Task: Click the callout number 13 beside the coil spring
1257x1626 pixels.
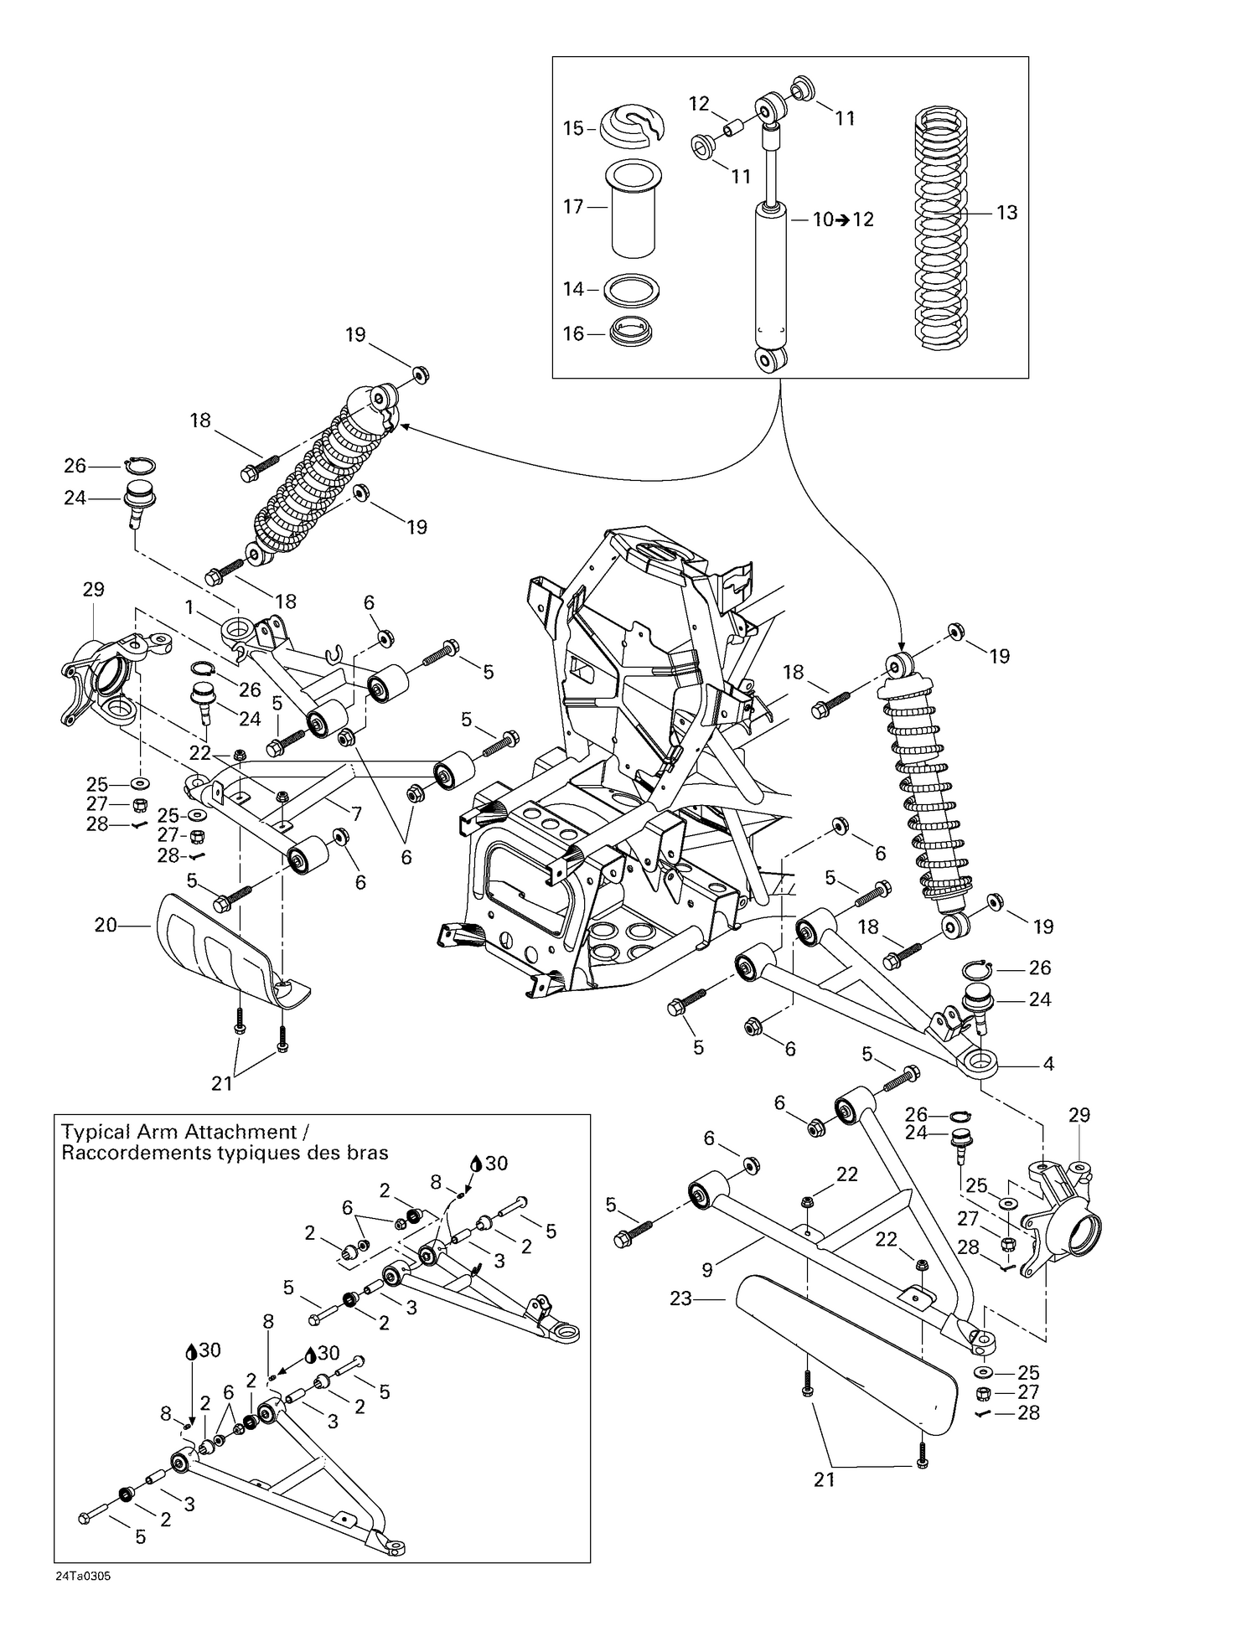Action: tap(1006, 213)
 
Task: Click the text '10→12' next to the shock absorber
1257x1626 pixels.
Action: tap(843, 219)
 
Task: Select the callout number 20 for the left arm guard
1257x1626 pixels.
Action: tap(106, 926)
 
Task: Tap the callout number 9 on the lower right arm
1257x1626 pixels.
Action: tap(707, 1270)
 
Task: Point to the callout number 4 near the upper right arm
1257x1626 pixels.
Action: tap(1047, 1065)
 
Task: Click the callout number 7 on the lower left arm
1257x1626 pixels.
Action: tap(356, 813)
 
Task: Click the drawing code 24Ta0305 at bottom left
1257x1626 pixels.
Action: tap(84, 1576)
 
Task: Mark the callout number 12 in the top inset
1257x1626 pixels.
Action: tap(699, 104)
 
